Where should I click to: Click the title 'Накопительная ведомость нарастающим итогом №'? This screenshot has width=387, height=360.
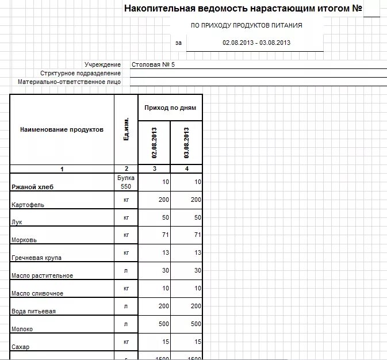[243, 9]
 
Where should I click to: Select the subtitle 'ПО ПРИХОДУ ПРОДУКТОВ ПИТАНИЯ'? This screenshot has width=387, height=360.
[246, 26]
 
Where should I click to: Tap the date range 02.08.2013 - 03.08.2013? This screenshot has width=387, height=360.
[256, 43]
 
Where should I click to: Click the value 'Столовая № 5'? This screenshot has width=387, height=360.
[153, 64]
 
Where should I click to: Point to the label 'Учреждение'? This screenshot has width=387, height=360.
[102, 64]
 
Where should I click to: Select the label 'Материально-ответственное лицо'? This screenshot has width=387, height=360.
[69, 82]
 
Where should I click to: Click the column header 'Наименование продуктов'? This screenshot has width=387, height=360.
[62, 129]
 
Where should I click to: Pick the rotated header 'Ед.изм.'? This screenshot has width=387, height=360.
[125, 131]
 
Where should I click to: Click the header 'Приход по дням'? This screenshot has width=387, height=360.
[170, 108]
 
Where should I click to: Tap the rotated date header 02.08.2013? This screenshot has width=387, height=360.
[154, 142]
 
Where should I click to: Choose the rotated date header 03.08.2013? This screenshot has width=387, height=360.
[186, 142]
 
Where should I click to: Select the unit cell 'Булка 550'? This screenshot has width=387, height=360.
[125, 182]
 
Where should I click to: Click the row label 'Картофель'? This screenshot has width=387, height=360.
[28, 205]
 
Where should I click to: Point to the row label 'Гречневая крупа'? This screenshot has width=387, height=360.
[36, 258]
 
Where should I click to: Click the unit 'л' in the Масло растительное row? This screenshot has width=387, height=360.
[125, 270]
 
